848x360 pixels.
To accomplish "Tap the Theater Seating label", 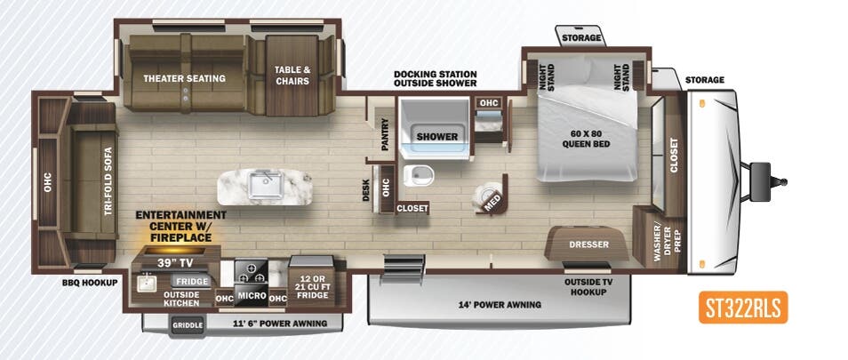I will (x=184, y=78).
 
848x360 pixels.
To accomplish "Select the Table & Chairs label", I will (x=292, y=76).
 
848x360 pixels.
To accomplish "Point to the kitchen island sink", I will (x=265, y=185).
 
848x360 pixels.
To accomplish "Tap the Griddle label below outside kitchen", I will (x=188, y=325).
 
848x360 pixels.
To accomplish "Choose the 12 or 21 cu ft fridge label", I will (x=310, y=285).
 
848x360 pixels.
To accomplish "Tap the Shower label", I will (x=437, y=137).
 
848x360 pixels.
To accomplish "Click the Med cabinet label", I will (x=491, y=202).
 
